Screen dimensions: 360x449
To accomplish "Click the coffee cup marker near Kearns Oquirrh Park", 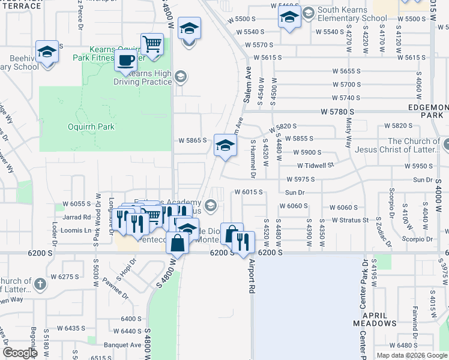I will click(x=126, y=61).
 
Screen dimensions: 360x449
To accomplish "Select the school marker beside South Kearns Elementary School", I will click(x=289, y=19).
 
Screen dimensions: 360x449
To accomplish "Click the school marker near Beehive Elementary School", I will click(x=46, y=52).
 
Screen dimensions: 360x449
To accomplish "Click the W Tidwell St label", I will click(x=315, y=166).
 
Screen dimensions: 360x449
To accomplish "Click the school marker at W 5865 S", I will click(x=225, y=146).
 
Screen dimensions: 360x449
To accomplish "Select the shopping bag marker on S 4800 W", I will click(x=178, y=243).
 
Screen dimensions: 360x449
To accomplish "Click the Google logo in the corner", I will click(x=20, y=353).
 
